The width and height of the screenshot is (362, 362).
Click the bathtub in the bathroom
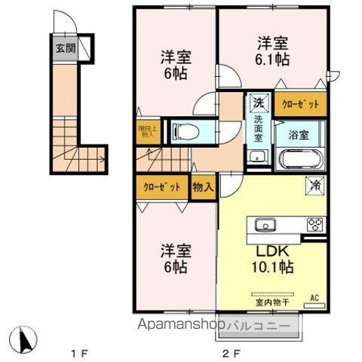pos(300,161)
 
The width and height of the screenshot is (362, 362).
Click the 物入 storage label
pos(201,186)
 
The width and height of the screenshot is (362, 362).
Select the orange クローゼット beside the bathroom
pos(301,105)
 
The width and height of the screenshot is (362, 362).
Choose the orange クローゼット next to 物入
pos(161,186)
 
